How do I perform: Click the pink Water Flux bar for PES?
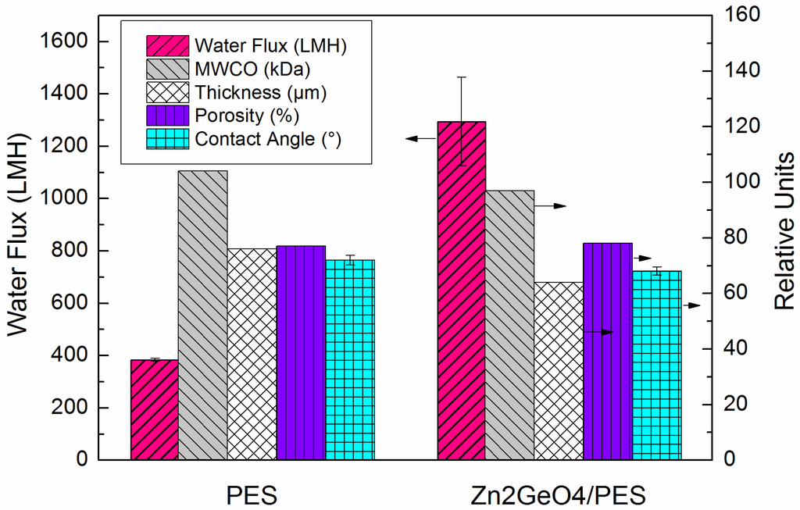[154, 409]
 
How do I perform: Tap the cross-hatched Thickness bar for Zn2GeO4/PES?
[559, 371]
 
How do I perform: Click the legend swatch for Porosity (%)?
[167, 116]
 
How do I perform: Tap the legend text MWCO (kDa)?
[252, 69]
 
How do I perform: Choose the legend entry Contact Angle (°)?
[268, 140]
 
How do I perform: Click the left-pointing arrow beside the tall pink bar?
[420, 138]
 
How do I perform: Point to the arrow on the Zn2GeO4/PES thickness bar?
[598, 333]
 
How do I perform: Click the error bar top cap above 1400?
[462, 77]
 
